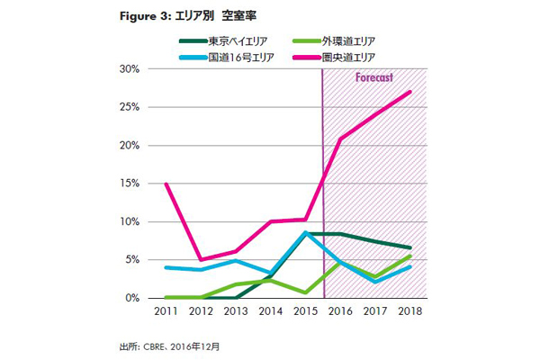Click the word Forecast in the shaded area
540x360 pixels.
[374, 77]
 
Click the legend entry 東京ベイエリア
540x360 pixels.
[229, 40]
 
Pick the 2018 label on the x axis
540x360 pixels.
[411, 311]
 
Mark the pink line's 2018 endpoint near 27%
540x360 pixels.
[411, 92]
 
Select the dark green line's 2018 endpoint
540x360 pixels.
[411, 247]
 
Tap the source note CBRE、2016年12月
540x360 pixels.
[185, 345]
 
